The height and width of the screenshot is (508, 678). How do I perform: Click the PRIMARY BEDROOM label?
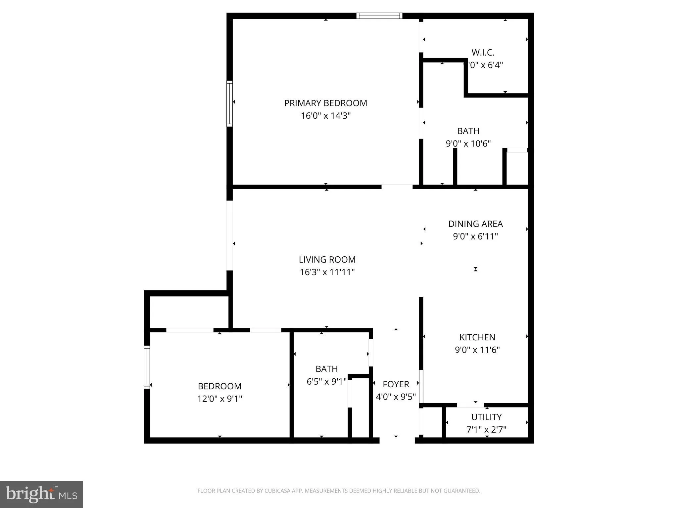(x=325, y=103)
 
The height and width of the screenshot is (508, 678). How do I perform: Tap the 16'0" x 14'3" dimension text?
(x=325, y=116)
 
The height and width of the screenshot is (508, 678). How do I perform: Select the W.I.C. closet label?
(x=483, y=53)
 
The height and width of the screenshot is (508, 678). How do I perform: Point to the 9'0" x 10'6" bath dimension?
(x=468, y=144)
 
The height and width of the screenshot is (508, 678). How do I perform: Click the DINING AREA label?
(x=475, y=224)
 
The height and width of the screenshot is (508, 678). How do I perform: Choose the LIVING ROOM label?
(x=327, y=260)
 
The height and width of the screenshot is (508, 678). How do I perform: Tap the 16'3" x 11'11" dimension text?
(x=327, y=272)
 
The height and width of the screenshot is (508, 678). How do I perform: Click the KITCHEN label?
(x=477, y=337)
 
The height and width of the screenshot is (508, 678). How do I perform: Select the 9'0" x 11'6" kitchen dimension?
(x=477, y=350)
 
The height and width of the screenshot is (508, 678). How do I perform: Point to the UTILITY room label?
(x=486, y=417)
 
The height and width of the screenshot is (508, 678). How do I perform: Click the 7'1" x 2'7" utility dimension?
(x=486, y=430)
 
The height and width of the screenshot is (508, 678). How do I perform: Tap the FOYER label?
(x=396, y=384)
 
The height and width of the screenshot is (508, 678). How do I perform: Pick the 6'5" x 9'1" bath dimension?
(x=326, y=382)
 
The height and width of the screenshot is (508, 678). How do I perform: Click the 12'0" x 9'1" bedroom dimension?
(x=219, y=399)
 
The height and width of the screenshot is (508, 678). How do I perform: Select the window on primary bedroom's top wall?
(x=379, y=16)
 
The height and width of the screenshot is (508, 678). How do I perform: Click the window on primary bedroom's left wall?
(x=229, y=104)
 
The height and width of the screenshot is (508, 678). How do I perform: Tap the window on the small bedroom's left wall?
(x=147, y=367)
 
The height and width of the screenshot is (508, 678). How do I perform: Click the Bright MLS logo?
(x=41, y=494)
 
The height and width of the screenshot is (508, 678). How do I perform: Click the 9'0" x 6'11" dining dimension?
(x=475, y=236)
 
